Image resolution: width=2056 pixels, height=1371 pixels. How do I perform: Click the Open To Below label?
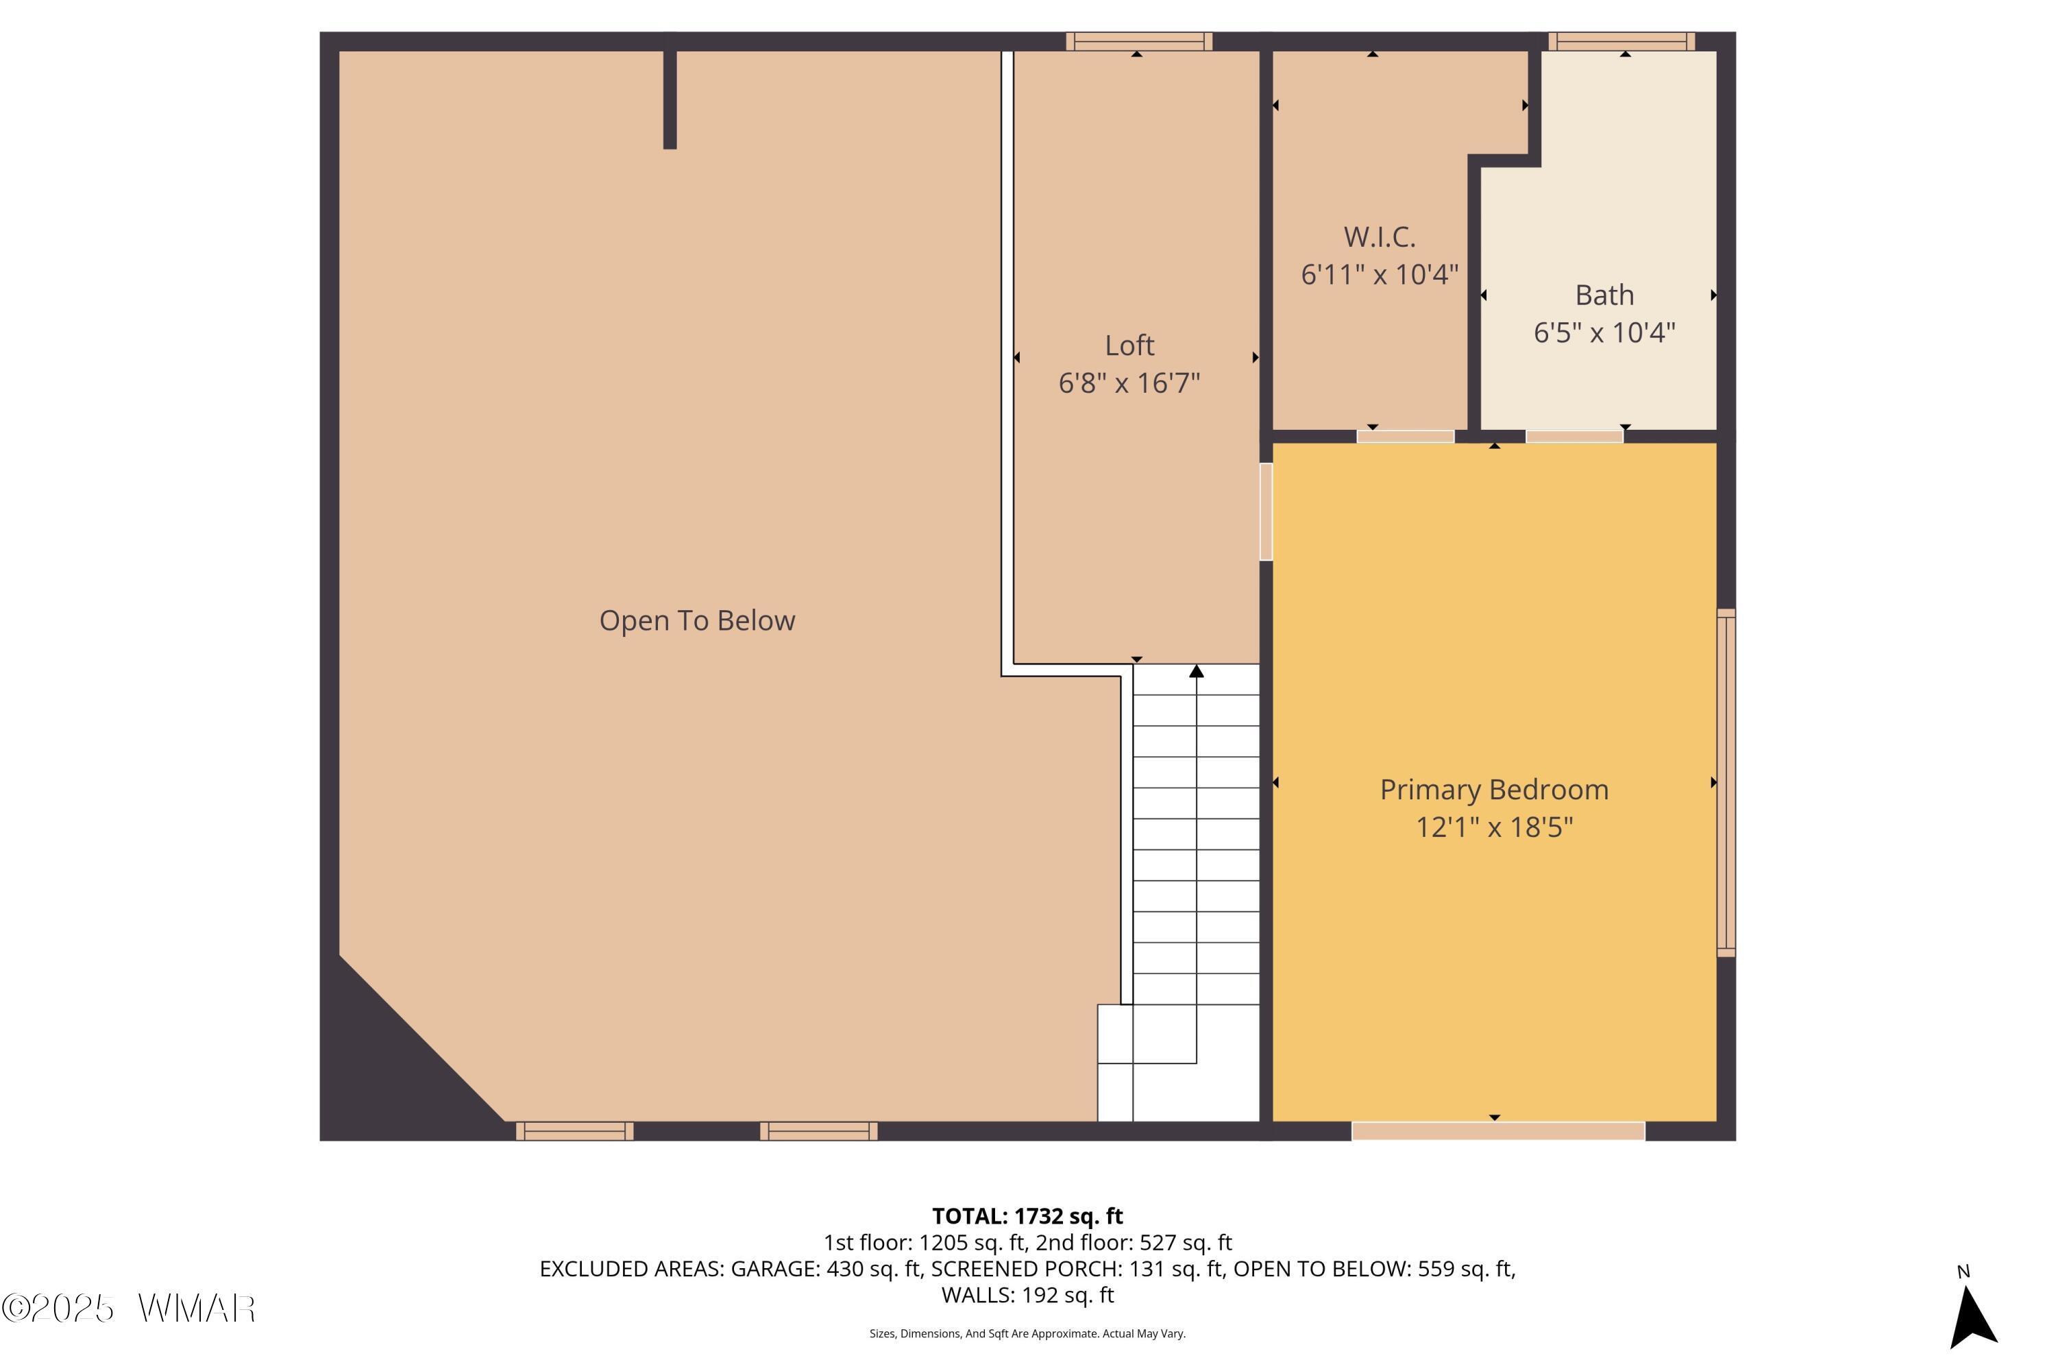pyautogui.click(x=697, y=621)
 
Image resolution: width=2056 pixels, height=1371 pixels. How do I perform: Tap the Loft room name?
pyautogui.click(x=1129, y=345)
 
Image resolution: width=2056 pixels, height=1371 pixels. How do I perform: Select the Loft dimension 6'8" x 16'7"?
pyautogui.click(x=1129, y=383)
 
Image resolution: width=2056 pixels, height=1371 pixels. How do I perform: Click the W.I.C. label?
pyautogui.click(x=1380, y=237)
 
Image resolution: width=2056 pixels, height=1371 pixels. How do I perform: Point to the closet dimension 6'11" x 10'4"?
pyautogui.click(x=1380, y=275)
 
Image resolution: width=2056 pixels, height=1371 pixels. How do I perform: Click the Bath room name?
pyautogui.click(x=1605, y=295)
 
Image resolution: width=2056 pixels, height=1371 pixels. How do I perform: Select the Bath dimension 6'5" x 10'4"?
pyautogui.click(x=1605, y=333)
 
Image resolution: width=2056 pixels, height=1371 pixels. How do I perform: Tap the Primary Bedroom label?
pyautogui.click(x=1494, y=790)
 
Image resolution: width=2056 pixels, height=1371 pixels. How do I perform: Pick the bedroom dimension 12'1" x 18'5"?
pyautogui.click(x=1494, y=827)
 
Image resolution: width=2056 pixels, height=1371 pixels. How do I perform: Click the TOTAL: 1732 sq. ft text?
pyautogui.click(x=1027, y=1216)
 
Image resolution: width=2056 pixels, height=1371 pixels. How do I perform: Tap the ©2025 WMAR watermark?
pyautogui.click(x=129, y=1309)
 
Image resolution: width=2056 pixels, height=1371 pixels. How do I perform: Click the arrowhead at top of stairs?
pyautogui.click(x=1197, y=672)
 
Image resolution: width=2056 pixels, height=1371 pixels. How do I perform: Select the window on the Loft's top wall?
pyautogui.click(x=1139, y=41)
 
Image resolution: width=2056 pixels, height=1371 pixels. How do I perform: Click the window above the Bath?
pyautogui.click(x=1621, y=41)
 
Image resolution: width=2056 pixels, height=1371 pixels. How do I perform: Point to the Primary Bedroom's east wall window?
pyautogui.click(x=1726, y=783)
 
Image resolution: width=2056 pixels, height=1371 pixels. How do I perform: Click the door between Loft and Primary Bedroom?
pyautogui.click(x=1266, y=511)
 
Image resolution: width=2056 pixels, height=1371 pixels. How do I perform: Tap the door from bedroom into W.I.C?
pyautogui.click(x=1406, y=436)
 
